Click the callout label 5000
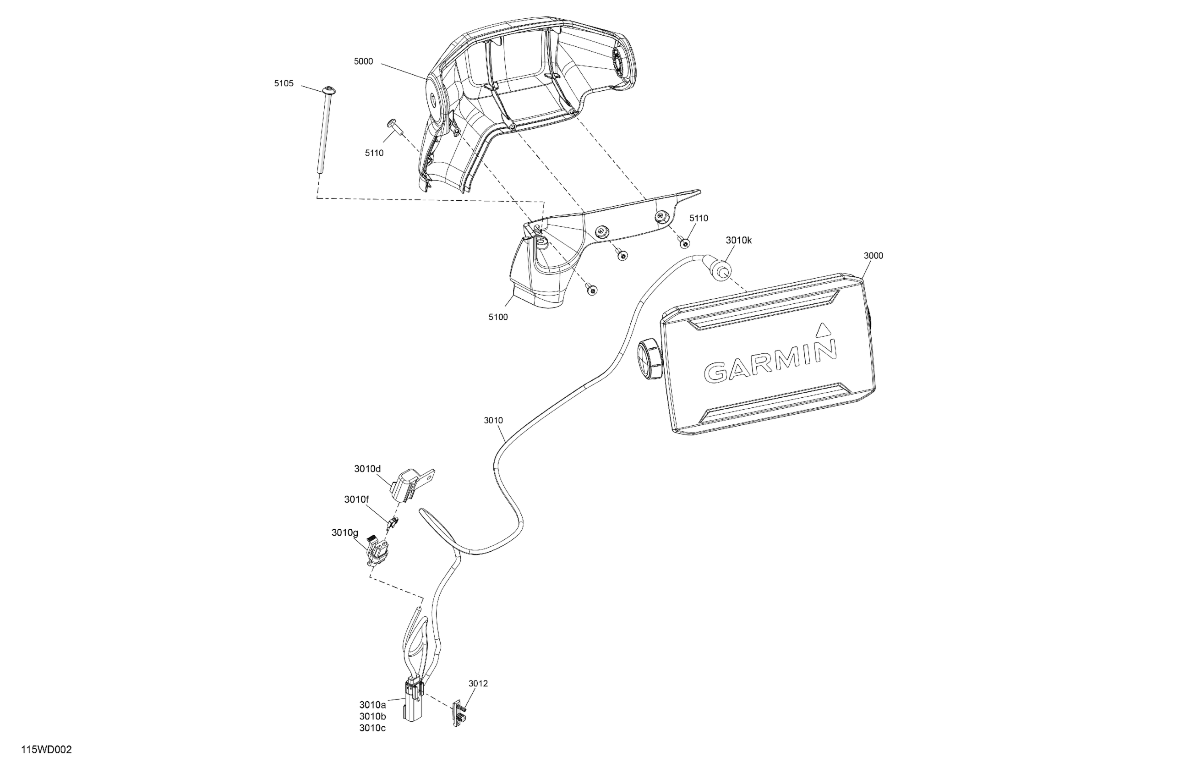[x=363, y=61]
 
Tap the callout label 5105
[x=284, y=84]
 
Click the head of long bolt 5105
[x=329, y=91]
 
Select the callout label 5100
[x=498, y=317]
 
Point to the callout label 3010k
[x=739, y=241]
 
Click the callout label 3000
[x=873, y=256]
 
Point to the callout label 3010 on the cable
[x=493, y=421]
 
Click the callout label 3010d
[x=367, y=469]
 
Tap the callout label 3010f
[x=356, y=500]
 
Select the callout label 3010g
[x=344, y=532]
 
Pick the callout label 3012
[x=478, y=684]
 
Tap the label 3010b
[x=372, y=716]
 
